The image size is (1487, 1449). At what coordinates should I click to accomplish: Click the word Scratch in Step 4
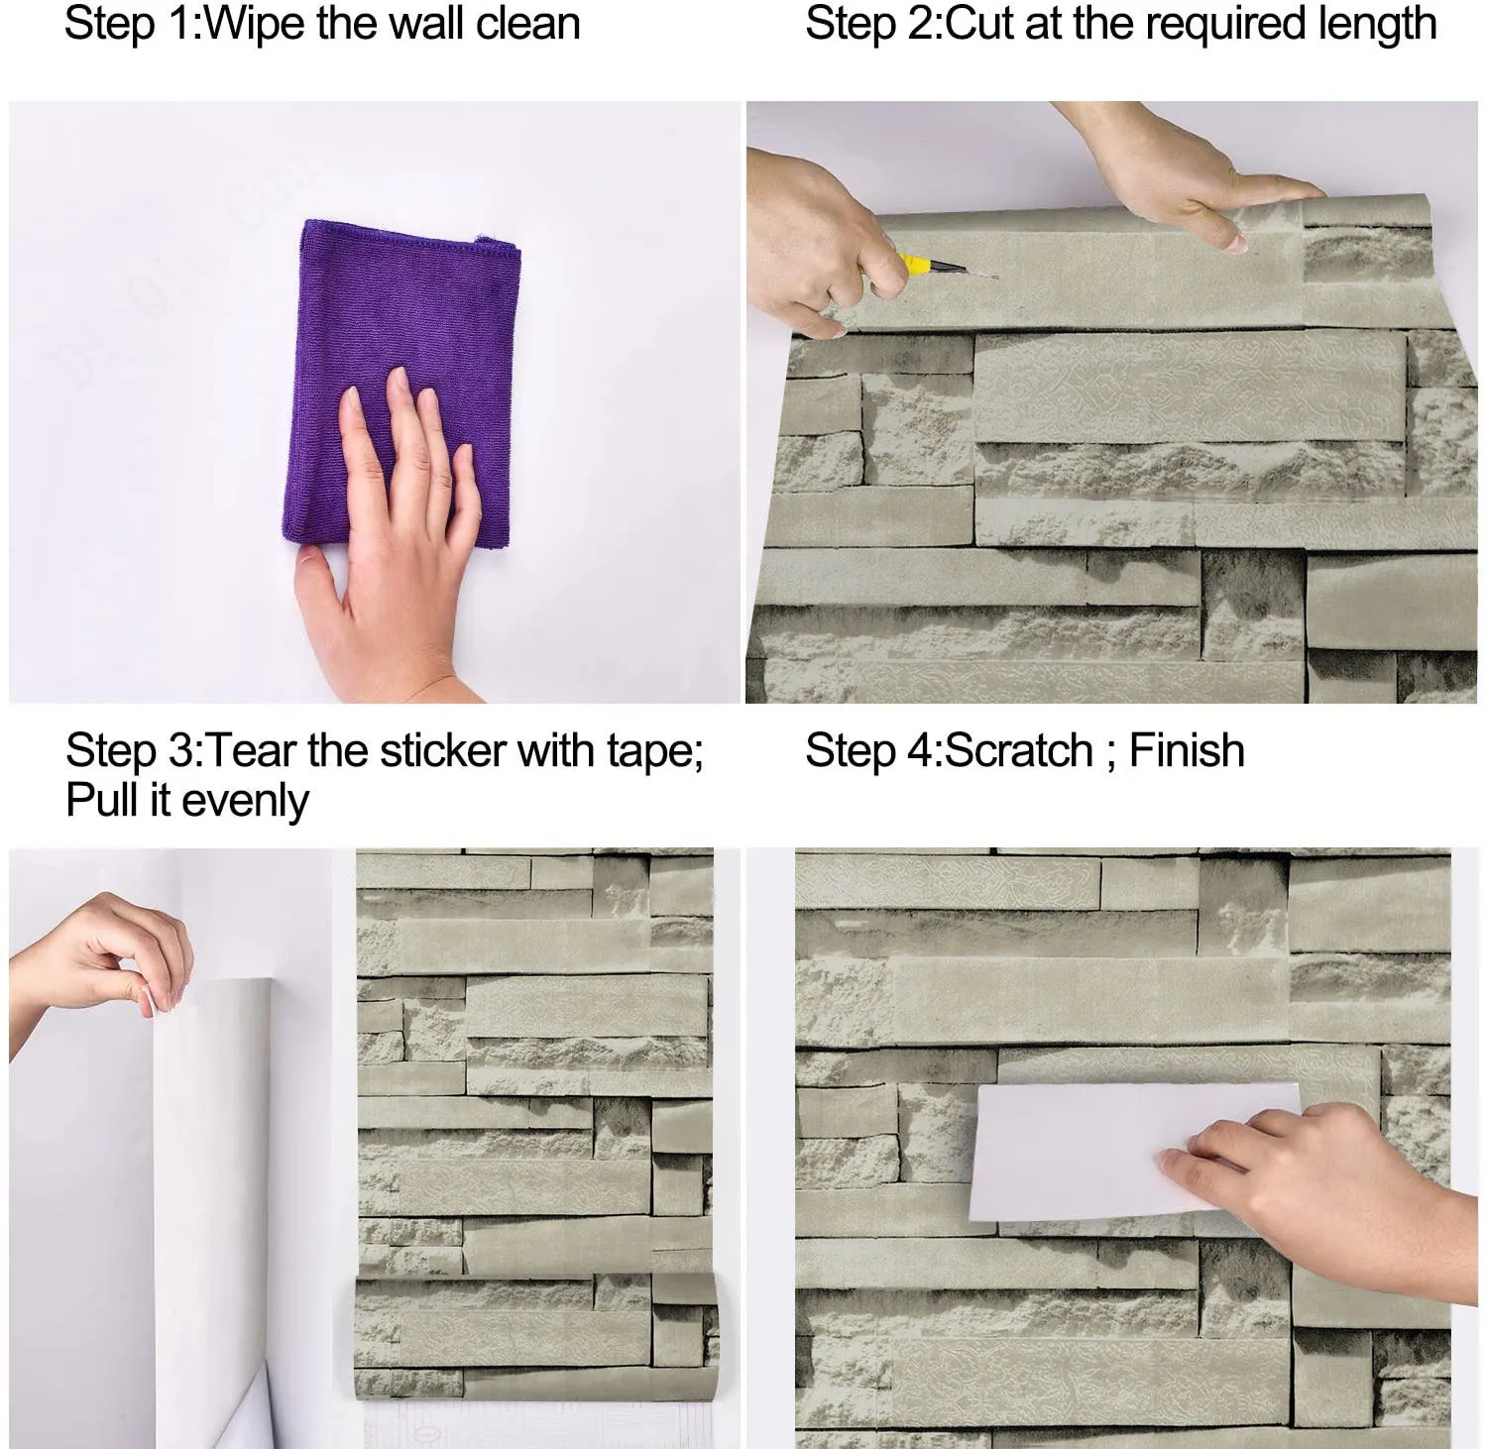pyautogui.click(x=1018, y=750)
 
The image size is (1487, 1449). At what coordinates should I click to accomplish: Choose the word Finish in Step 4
pyautogui.click(x=1187, y=750)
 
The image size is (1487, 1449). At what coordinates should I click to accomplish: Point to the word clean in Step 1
pyautogui.click(x=528, y=24)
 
